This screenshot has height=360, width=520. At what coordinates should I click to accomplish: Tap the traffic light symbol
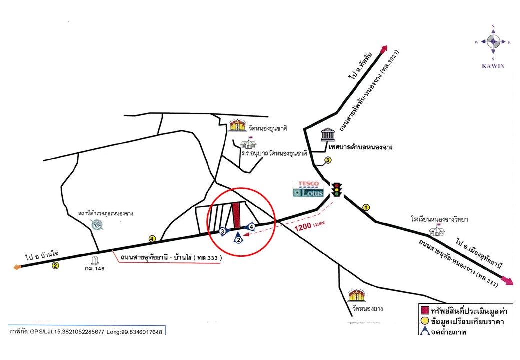click(338, 190)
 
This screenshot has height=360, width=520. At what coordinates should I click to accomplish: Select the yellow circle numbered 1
click(366, 207)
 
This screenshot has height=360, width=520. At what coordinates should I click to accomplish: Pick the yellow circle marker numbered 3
click(328, 160)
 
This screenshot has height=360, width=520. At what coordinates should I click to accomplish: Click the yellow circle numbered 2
click(55, 266)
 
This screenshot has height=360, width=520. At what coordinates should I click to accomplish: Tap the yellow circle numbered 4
click(152, 239)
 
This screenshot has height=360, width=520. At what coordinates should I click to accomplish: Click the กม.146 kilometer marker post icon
click(94, 260)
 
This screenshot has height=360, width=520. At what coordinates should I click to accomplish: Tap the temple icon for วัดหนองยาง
click(358, 295)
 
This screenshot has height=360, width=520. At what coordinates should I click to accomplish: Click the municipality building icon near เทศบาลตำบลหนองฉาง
click(328, 134)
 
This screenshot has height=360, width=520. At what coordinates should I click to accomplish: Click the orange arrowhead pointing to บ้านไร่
click(18, 267)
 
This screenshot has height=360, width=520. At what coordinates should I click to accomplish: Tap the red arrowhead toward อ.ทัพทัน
click(384, 48)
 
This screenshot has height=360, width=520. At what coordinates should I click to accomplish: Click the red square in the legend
click(424, 311)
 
